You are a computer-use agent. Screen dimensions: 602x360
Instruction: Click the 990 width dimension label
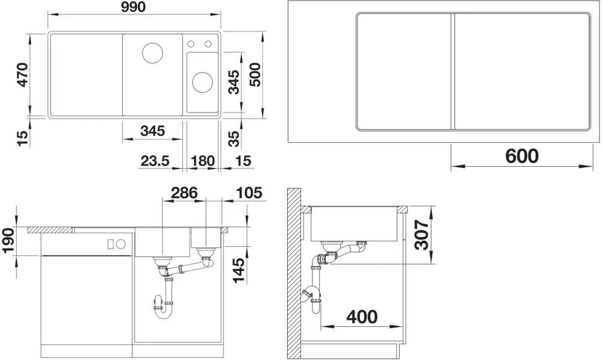(x=134, y=7)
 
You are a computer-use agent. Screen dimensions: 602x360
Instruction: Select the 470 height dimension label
(x=23, y=75)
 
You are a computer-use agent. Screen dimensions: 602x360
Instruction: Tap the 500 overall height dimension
(x=255, y=75)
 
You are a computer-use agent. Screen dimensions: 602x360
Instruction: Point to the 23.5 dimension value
(x=155, y=161)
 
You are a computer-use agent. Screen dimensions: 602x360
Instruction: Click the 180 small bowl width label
(x=202, y=161)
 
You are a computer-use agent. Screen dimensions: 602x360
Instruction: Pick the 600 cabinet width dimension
(x=522, y=156)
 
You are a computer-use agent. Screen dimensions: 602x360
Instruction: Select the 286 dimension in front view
(x=184, y=192)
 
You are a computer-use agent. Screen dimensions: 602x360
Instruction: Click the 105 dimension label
(x=250, y=192)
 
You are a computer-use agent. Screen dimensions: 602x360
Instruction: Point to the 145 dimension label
(x=240, y=270)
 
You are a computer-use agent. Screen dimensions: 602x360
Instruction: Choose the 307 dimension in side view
(x=423, y=235)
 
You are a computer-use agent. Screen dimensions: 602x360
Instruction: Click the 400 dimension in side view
(x=362, y=317)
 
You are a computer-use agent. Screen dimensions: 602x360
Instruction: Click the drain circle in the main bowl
(x=152, y=53)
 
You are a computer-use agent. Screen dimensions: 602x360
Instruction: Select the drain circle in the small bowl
(x=202, y=82)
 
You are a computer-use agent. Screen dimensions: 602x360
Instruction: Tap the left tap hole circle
(x=191, y=44)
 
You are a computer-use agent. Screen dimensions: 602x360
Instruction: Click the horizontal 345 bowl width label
(x=152, y=131)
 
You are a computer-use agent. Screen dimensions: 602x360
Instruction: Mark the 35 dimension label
(x=234, y=138)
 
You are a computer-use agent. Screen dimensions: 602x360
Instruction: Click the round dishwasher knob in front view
(x=122, y=243)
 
